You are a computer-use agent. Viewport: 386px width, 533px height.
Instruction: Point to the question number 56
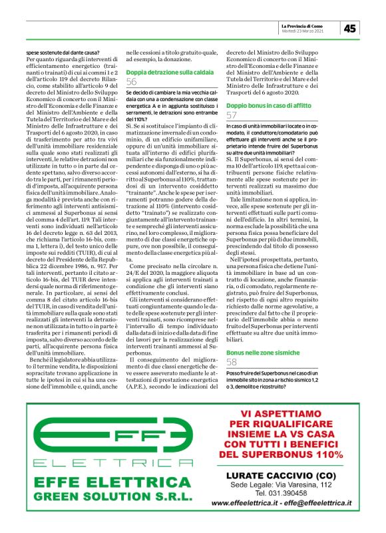pos(132,81)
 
